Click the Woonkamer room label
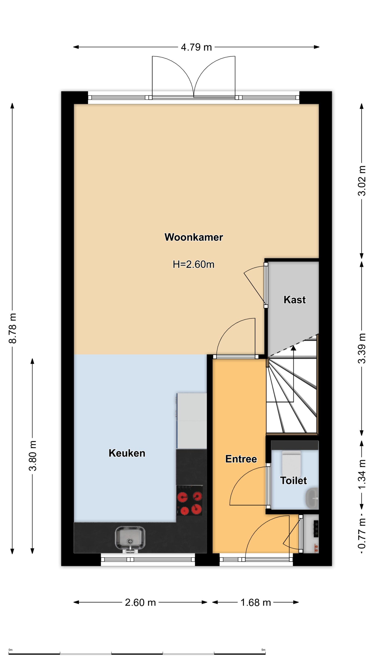pos(194,237)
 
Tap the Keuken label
pos(127,453)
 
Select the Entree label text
pos(241,459)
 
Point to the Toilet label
pos(293,481)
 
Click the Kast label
pos(295,299)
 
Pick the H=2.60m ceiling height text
pos(194,264)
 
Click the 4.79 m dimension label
pos(196,47)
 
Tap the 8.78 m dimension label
pos(12,328)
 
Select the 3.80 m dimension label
pos(33,456)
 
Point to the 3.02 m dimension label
pos(362,181)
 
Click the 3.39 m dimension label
pos(362,348)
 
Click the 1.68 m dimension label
pos(256,602)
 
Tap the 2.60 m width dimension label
pos(140,602)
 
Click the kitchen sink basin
pos(130,538)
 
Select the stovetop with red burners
pos(190,500)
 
